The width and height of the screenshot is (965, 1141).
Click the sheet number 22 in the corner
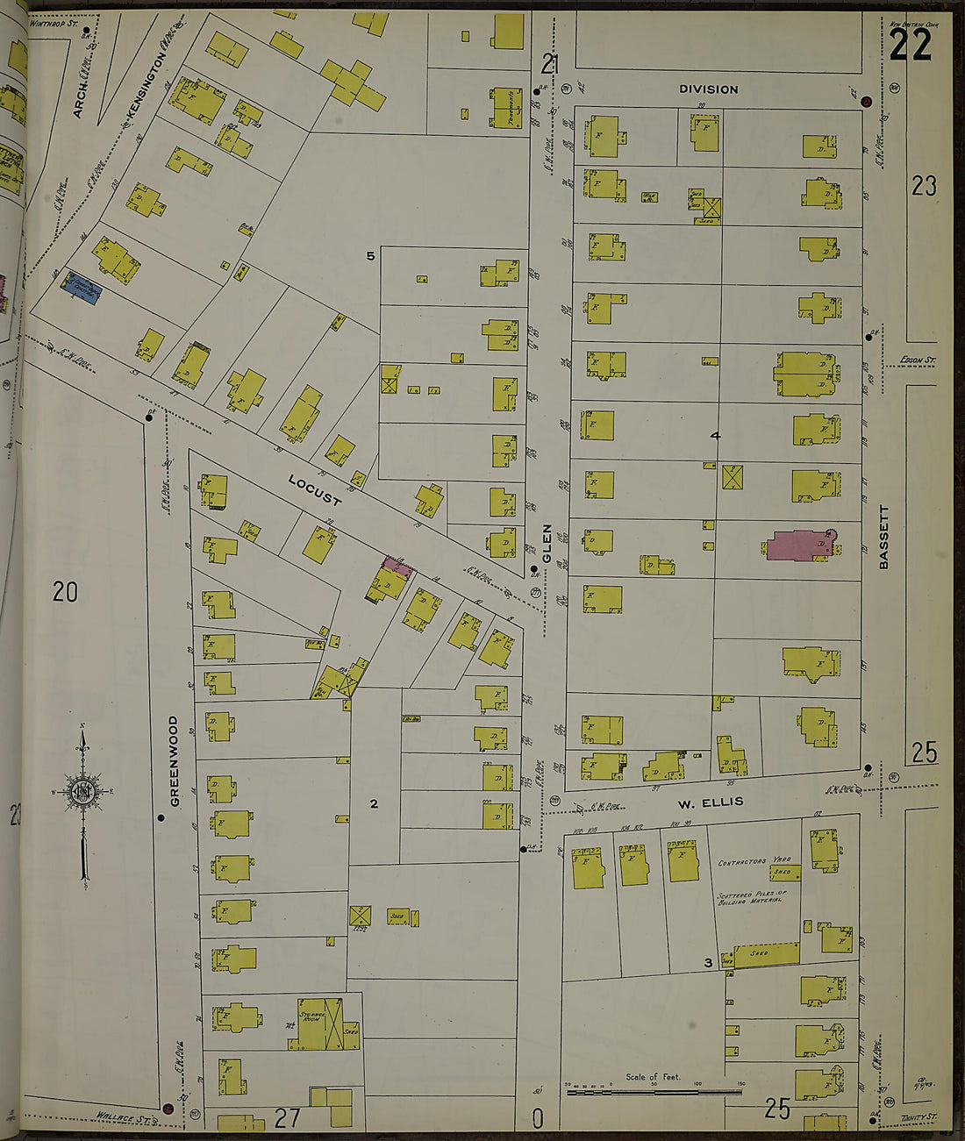[x=910, y=45]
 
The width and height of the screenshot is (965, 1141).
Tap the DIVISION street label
[x=709, y=89]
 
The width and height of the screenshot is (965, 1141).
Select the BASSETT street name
[x=883, y=537]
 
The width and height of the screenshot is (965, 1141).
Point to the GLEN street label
[x=547, y=544]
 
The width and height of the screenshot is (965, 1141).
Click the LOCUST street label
[x=315, y=490]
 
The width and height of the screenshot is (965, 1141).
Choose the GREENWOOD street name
[x=174, y=760]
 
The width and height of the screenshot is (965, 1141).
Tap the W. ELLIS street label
[x=710, y=802]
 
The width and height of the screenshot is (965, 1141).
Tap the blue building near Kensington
[x=81, y=290]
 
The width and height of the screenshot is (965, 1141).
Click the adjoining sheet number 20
[x=65, y=592]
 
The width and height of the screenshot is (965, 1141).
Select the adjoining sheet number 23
[x=923, y=186]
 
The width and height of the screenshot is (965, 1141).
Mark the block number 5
[x=370, y=256]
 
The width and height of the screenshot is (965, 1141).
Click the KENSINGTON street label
[x=147, y=84]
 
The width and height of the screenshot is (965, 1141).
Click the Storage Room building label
[x=311, y=1011]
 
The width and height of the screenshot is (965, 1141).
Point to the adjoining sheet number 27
[x=288, y=1117]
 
